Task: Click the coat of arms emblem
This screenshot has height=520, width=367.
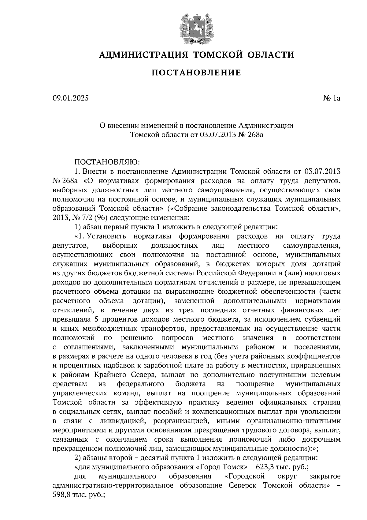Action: (x=196, y=28)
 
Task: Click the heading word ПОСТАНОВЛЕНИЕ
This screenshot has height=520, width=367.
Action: (x=196, y=73)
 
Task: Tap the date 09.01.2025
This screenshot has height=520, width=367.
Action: (x=70, y=98)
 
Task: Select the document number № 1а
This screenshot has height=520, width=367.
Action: (x=332, y=98)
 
